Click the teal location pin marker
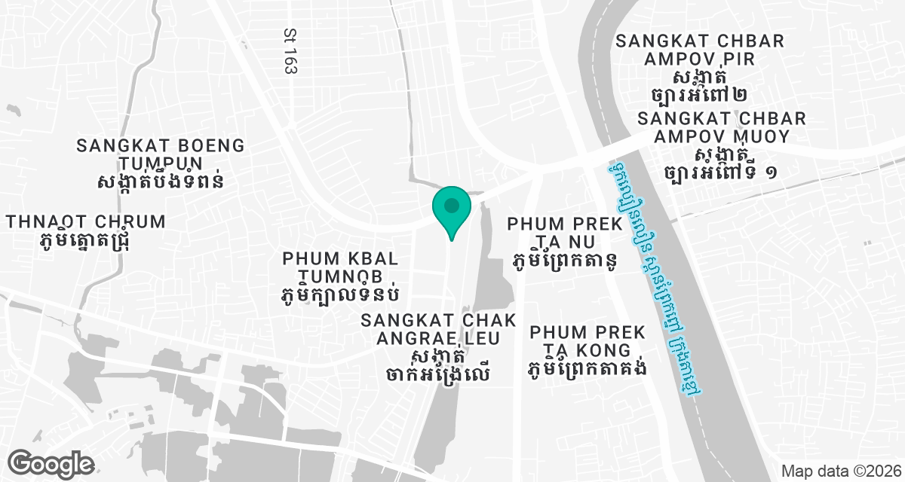pyautogui.click(x=451, y=208)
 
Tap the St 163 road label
pyautogui.click(x=290, y=52)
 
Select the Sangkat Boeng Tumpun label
pyautogui.click(x=160, y=154)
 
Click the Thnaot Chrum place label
pyautogui.click(x=85, y=221)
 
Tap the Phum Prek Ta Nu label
pyautogui.click(x=564, y=233)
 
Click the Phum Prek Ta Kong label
pyautogui.click(x=587, y=341)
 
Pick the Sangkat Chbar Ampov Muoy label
pyautogui.click(x=722, y=127)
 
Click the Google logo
pyautogui.click(x=51, y=462)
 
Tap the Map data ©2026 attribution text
pyautogui.click(x=839, y=471)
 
